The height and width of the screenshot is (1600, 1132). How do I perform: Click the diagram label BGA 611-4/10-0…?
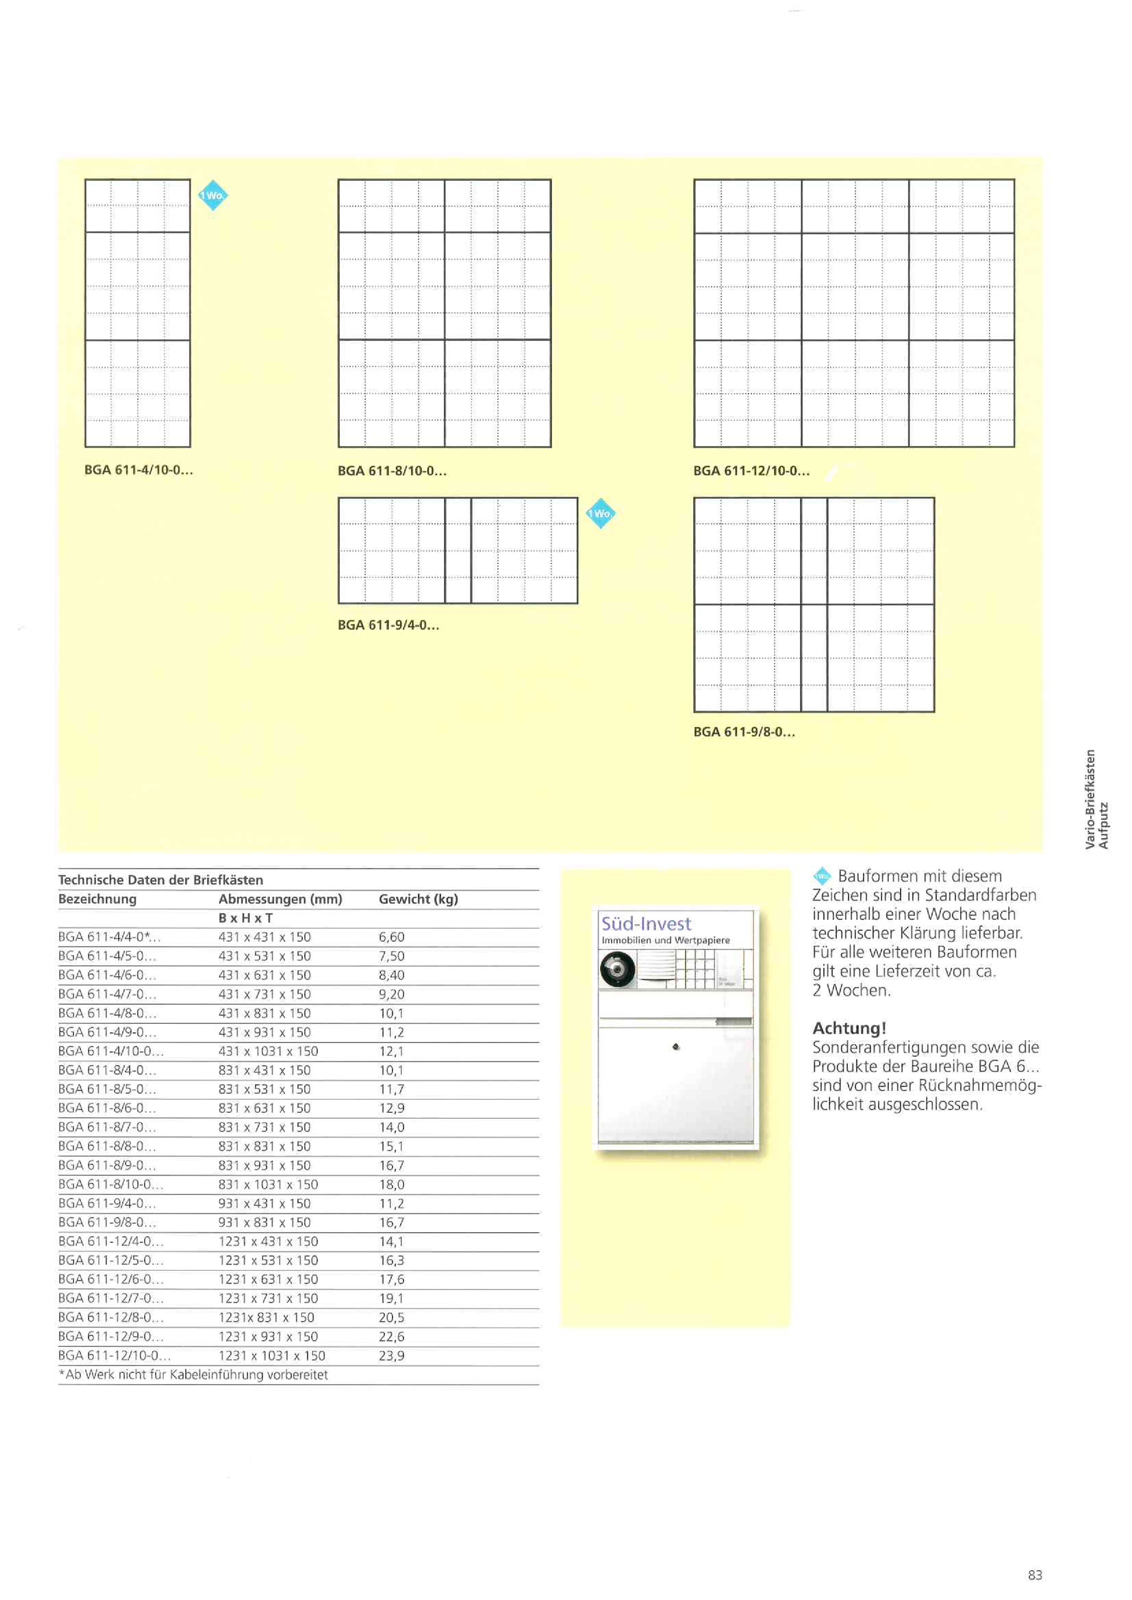[139, 470]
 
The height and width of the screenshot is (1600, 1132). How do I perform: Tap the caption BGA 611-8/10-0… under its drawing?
[392, 471]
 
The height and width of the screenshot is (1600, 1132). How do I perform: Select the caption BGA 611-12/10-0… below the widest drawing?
[751, 471]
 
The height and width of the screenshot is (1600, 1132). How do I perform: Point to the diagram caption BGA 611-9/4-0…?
[388, 625]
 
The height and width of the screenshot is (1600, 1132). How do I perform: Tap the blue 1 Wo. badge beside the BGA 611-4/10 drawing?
[213, 196]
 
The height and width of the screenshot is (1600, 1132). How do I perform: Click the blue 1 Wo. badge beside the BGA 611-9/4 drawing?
[600, 514]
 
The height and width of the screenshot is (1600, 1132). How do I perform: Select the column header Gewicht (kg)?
[418, 899]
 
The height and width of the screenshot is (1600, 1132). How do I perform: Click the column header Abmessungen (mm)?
[280, 899]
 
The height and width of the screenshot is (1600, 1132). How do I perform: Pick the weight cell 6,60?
[392, 937]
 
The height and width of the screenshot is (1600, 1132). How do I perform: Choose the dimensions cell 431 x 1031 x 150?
[269, 1051]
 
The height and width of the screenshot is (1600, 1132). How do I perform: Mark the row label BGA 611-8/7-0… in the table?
[107, 1127]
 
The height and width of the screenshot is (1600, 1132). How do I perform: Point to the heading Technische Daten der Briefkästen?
[161, 880]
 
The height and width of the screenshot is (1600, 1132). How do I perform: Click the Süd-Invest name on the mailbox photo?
[646, 924]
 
